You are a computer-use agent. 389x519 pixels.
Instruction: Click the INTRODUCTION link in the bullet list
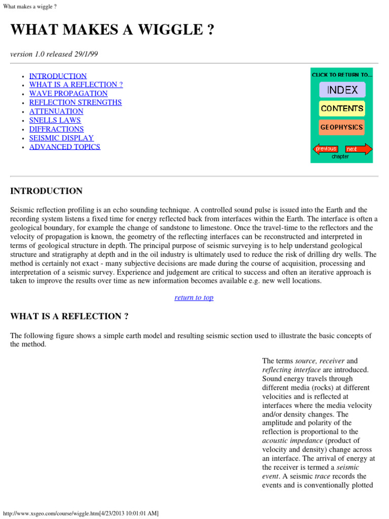[58, 76]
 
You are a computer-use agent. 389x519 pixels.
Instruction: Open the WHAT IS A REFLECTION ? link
[76, 85]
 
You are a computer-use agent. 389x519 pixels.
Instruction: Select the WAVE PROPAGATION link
[68, 94]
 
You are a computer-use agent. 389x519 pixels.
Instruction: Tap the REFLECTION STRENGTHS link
[75, 102]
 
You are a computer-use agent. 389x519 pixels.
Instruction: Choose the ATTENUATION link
[56, 112]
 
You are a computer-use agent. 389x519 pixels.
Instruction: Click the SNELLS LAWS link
[55, 120]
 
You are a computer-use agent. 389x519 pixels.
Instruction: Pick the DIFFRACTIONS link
[56, 129]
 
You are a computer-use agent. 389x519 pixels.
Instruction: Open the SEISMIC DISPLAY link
[61, 138]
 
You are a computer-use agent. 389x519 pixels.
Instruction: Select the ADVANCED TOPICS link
[65, 147]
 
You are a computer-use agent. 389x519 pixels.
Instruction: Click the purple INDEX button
[342, 90]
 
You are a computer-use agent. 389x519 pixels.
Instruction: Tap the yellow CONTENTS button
[342, 108]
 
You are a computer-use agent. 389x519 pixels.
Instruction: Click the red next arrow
[358, 149]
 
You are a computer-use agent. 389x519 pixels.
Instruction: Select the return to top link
[194, 298]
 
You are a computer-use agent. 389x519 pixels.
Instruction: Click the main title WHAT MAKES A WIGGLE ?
[112, 30]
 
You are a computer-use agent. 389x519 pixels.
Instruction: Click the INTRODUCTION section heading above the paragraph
[47, 191]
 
